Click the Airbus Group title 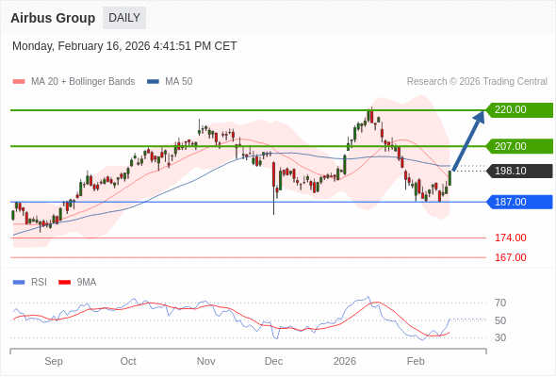(x=53, y=18)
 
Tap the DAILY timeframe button (x=124, y=18)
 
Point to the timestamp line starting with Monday (x=124, y=46)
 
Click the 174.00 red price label (x=510, y=238)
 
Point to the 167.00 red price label (x=510, y=257)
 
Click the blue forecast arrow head (x=481, y=115)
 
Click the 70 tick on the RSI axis (x=500, y=303)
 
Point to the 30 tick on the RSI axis (x=500, y=337)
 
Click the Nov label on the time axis (x=205, y=361)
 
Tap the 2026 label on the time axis (x=345, y=361)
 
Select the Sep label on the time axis (x=54, y=361)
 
